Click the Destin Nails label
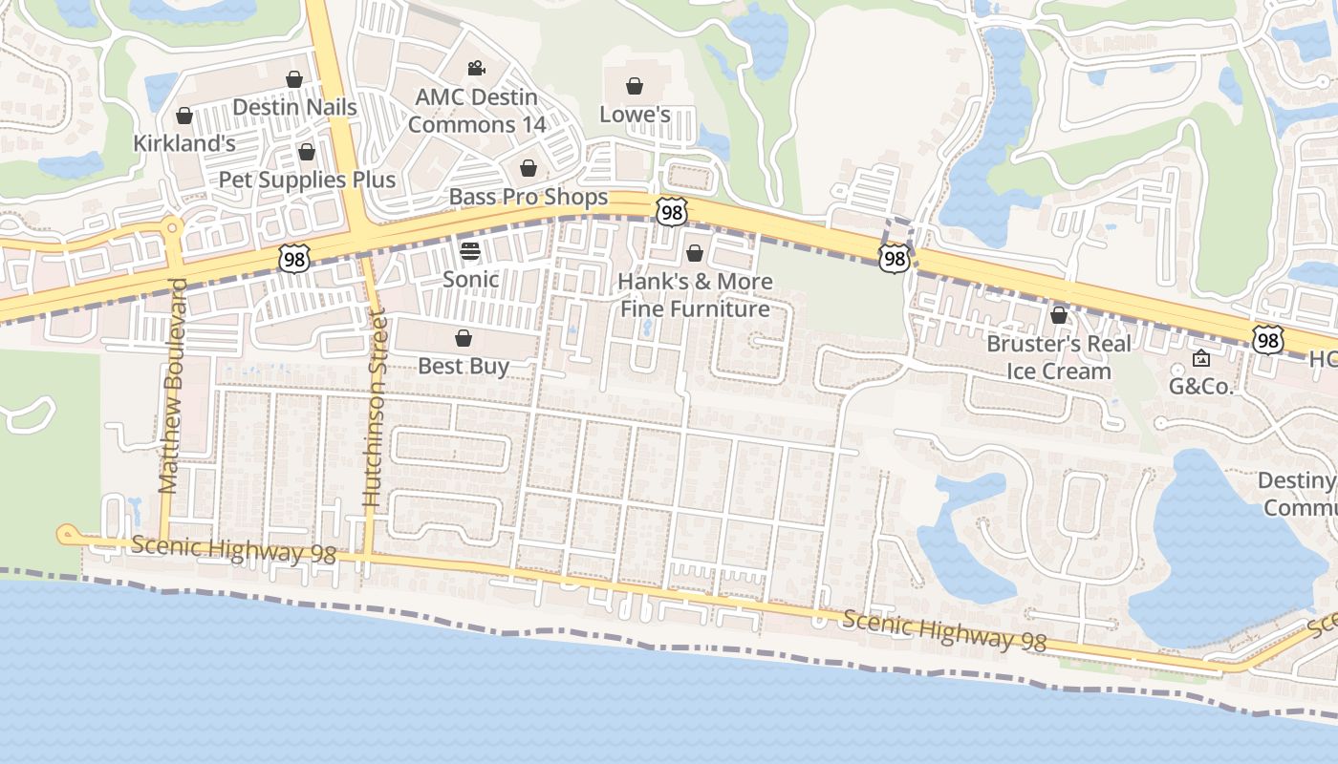294,107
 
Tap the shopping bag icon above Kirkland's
184,117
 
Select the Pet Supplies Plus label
307,180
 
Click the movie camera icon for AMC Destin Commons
476,69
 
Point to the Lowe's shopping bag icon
635,87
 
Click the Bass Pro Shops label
529,197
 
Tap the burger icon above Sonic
469,251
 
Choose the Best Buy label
464,366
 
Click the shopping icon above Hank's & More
695,253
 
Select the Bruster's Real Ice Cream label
1059,357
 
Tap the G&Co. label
1201,387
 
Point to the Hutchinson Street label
374,408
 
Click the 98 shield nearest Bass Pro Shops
672,212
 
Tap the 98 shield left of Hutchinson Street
294,257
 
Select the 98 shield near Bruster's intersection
894,258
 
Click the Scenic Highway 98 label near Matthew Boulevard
234,549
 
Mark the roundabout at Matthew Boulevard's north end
172,228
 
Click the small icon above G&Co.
1201,359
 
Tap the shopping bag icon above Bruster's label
1059,315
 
